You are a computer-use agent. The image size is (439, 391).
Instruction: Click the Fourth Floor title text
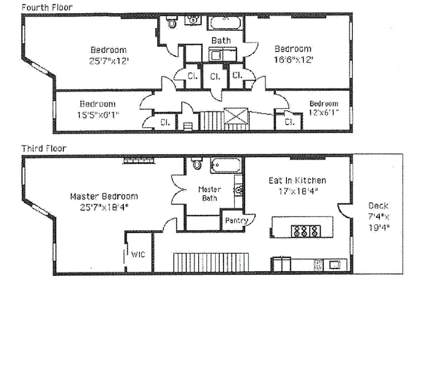pyautogui.click(x=46, y=7)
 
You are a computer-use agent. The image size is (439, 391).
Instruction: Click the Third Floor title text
pyautogui.click(x=44, y=148)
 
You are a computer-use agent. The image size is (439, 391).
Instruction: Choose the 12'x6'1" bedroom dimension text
pyautogui.click(x=323, y=113)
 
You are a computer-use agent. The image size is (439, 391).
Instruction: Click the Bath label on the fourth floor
pyautogui.click(x=221, y=40)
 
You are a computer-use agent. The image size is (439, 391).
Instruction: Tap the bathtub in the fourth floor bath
pyautogui.click(x=225, y=22)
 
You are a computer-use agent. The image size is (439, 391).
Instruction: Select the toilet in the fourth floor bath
pyautogui.click(x=171, y=22)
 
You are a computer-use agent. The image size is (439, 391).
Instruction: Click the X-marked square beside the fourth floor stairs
pyautogui.click(x=236, y=117)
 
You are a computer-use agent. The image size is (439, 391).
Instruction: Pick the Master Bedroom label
pyautogui.click(x=104, y=196)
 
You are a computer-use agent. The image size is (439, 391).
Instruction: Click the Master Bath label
pyautogui.click(x=209, y=194)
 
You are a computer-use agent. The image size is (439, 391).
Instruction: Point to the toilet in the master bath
pyautogui.click(x=197, y=164)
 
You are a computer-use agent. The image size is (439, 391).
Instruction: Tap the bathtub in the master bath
pyautogui.click(x=226, y=165)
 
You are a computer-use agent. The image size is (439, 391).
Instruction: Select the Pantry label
pyautogui.click(x=237, y=220)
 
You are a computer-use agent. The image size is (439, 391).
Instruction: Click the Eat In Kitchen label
pyautogui.click(x=297, y=180)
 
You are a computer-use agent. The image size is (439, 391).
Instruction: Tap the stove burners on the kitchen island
pyautogui.click(x=299, y=231)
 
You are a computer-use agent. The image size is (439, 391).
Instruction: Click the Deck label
pyautogui.click(x=378, y=206)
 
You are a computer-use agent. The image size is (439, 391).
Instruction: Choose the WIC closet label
pyautogui.click(x=136, y=254)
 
